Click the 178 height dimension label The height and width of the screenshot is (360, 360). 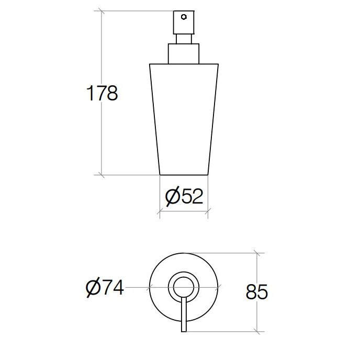(102, 93)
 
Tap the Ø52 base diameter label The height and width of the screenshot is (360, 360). (184, 196)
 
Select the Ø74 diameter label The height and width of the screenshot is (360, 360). (105, 287)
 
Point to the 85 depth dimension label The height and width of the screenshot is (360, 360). (257, 291)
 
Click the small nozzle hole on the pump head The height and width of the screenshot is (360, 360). (184, 17)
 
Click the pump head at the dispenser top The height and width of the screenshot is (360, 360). (184, 22)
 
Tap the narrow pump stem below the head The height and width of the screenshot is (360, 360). (184, 39)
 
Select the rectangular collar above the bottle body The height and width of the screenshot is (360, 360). (184, 54)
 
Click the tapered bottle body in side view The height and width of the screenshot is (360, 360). (184, 119)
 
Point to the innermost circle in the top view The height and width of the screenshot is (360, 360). (174, 287)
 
